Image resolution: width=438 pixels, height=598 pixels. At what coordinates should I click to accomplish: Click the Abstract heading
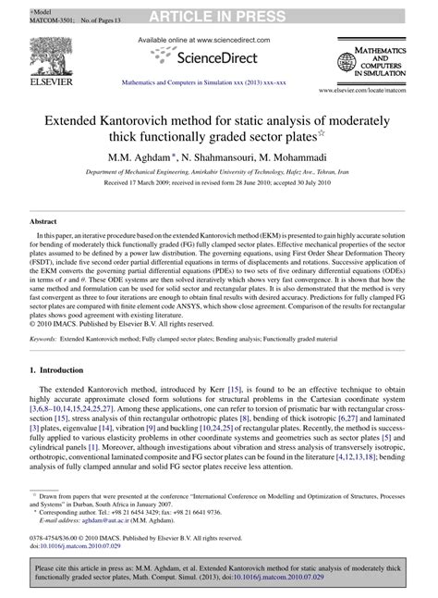45,223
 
